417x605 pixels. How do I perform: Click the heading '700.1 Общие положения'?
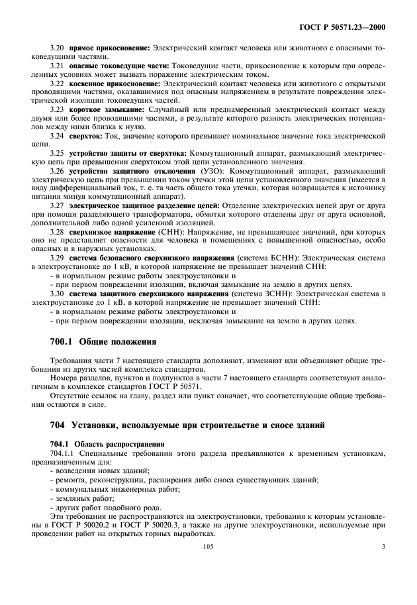[103, 343]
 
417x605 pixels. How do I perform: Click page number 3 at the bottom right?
[383, 565]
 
